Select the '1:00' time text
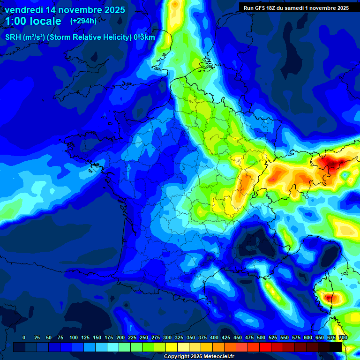tap(18, 21)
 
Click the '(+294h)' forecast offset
tap(83, 21)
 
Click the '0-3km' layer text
tap(144, 37)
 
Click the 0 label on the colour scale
tap(24, 338)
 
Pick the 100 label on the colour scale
tap(73, 338)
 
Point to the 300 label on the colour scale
tap(167, 338)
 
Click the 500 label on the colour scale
tap(261, 338)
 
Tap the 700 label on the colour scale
tap(343, 338)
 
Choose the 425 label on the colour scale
tap(225, 338)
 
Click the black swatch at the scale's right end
tap(336, 347)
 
